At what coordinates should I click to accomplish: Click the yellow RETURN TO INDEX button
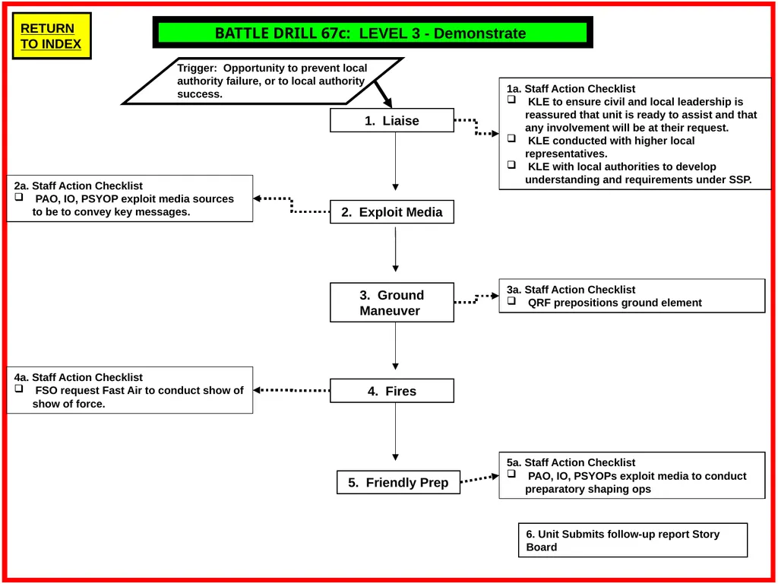click(52, 36)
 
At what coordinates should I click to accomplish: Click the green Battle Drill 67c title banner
click(372, 33)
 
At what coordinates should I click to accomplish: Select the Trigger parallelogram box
click(262, 81)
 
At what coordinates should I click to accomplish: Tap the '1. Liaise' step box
click(392, 120)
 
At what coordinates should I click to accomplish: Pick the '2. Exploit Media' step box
click(392, 212)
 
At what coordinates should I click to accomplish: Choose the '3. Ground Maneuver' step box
click(392, 303)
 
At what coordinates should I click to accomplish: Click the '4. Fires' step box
click(392, 391)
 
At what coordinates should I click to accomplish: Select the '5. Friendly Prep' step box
click(398, 482)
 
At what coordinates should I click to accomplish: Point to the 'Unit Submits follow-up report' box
click(633, 541)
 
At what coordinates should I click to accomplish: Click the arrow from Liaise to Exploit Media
click(395, 161)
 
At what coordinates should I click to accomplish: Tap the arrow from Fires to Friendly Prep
click(395, 432)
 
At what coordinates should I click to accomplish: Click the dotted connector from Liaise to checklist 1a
click(476, 127)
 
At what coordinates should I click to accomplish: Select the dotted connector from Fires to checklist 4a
click(292, 390)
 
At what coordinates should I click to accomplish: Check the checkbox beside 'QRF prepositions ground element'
click(511, 301)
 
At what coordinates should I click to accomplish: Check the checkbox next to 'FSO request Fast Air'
click(19, 389)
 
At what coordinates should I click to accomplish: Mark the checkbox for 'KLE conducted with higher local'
click(511, 138)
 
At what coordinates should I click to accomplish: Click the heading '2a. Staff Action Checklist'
click(78, 186)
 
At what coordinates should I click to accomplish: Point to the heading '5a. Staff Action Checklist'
click(571, 462)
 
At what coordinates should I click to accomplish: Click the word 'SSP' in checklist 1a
click(740, 179)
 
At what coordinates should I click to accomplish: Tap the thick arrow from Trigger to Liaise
click(383, 94)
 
